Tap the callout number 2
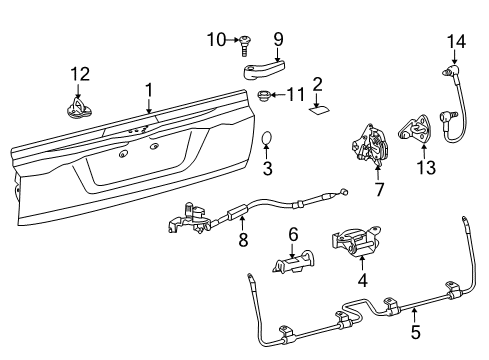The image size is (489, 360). tap(317, 84)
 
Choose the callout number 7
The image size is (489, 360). tap(378, 189)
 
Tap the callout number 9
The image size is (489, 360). tap(278, 40)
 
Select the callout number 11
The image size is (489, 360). tap(294, 97)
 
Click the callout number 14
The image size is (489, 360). tap(455, 41)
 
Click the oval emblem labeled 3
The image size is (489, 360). tap(269, 138)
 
